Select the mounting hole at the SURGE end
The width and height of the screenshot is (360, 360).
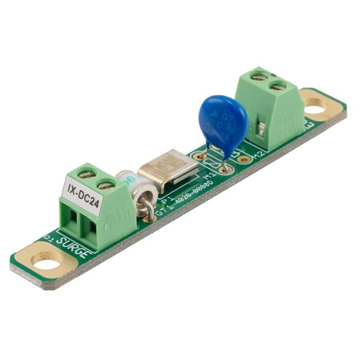pyautogui.click(x=48, y=261)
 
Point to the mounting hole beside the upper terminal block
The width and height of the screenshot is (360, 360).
pyautogui.click(x=315, y=110)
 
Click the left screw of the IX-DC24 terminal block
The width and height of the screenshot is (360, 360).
pyautogui.click(x=86, y=173)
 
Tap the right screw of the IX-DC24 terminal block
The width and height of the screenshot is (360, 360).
pyautogui.click(x=105, y=184)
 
